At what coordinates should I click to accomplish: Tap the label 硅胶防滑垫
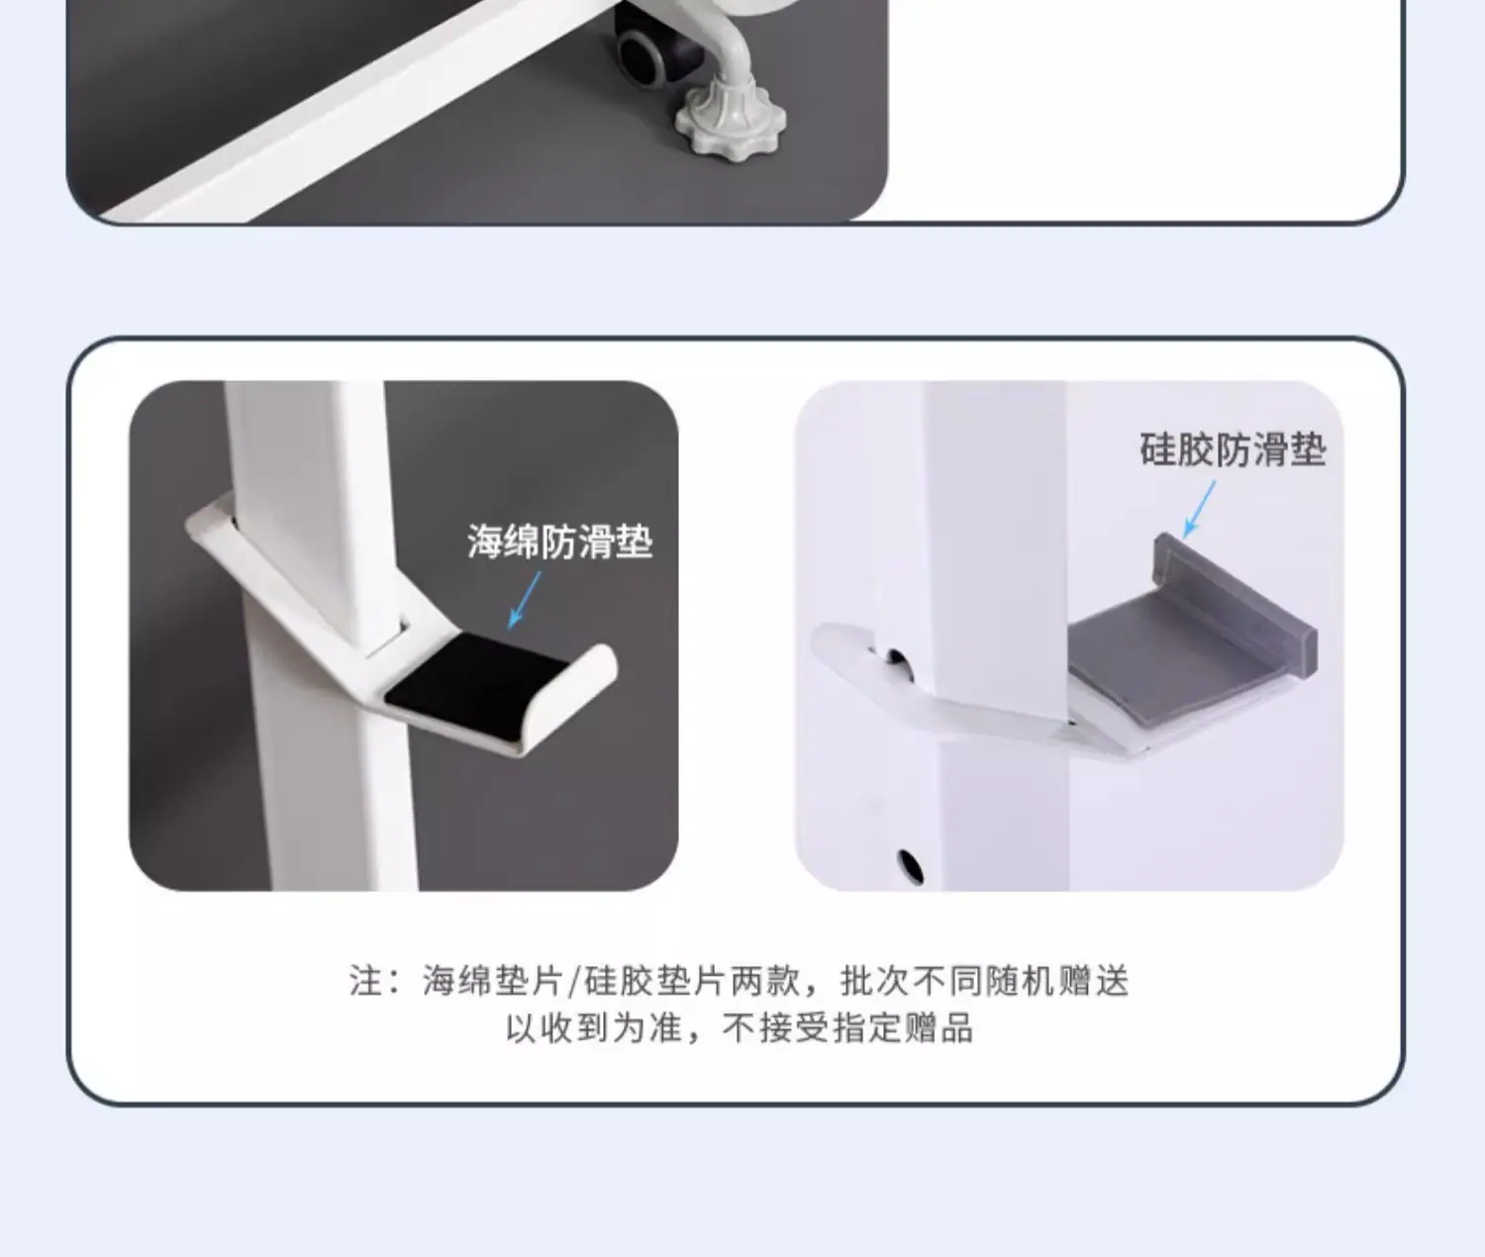point(1233,449)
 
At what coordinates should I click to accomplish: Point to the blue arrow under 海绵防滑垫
point(525,601)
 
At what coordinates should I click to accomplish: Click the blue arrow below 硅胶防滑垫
point(1199,509)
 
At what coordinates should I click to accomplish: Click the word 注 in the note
point(365,981)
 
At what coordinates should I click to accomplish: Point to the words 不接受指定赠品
point(847,1027)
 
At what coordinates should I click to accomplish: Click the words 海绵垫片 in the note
point(492,981)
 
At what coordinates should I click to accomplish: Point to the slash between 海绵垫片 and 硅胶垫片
point(573,981)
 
